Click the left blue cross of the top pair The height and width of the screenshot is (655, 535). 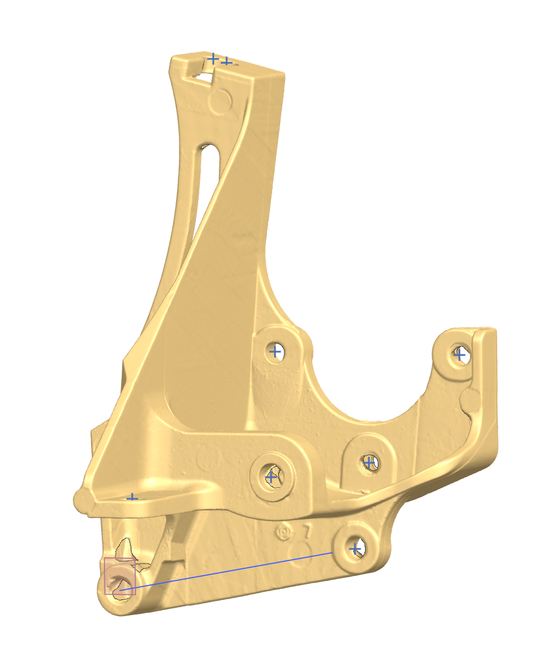click(212, 58)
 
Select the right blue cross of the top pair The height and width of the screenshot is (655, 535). click(226, 61)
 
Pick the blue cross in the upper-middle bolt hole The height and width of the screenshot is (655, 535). click(274, 351)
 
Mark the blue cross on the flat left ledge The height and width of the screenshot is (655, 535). click(132, 497)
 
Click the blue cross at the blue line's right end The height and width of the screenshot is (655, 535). click(355, 549)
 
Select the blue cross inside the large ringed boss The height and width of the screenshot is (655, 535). click(271, 477)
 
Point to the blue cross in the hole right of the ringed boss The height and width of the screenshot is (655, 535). click(368, 462)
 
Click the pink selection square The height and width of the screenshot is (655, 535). click(120, 576)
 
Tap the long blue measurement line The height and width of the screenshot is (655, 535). click(233, 569)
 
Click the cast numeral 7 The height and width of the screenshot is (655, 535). click(306, 531)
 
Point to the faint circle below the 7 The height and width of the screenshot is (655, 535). click(303, 558)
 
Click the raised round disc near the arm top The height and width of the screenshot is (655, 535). click(221, 101)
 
